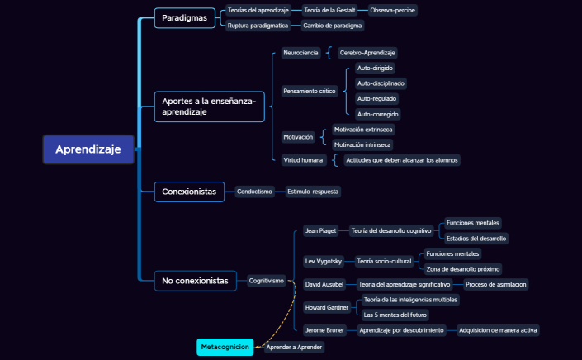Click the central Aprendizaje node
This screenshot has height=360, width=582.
click(x=88, y=149)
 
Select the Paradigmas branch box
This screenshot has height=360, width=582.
click(x=185, y=17)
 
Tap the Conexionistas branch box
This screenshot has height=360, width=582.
click(x=189, y=192)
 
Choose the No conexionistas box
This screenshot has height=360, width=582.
click(x=195, y=282)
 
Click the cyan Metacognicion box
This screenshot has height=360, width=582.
click(x=225, y=348)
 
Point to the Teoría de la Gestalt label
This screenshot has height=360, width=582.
click(x=329, y=10)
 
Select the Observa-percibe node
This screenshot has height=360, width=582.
click(x=393, y=10)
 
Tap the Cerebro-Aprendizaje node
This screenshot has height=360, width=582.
click(x=367, y=53)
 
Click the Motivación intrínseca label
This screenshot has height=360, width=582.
click(x=363, y=144)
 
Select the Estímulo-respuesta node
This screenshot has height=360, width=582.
click(x=313, y=192)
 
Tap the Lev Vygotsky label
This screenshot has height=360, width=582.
click(x=323, y=261)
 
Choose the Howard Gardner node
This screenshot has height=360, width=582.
click(x=326, y=307)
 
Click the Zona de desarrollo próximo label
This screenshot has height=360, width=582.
click(x=462, y=268)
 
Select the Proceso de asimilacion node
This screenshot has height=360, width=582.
click(x=495, y=284)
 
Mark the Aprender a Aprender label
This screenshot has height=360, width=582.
click(x=294, y=348)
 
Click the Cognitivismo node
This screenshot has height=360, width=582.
click(x=267, y=281)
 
